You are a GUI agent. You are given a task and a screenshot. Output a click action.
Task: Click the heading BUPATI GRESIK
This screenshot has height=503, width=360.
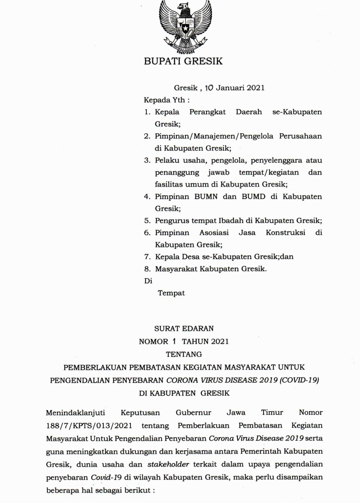[183, 61]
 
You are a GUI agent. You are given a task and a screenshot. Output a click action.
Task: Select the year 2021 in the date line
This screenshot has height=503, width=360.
[255, 88]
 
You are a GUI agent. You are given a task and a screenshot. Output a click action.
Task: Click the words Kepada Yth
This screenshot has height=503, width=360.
[167, 100]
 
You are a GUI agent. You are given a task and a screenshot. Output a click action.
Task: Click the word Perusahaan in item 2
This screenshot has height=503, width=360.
[300, 136]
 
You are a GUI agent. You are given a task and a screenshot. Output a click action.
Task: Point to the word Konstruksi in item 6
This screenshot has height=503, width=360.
[285, 232]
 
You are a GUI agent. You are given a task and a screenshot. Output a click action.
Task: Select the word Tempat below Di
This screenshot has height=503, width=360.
[171, 293]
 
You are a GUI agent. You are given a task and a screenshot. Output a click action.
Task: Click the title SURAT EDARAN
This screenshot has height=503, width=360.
[184, 328]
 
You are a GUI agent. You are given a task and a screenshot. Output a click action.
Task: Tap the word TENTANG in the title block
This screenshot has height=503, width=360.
[184, 354]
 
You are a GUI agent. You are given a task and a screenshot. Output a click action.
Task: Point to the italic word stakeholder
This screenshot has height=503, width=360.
[168, 464]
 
